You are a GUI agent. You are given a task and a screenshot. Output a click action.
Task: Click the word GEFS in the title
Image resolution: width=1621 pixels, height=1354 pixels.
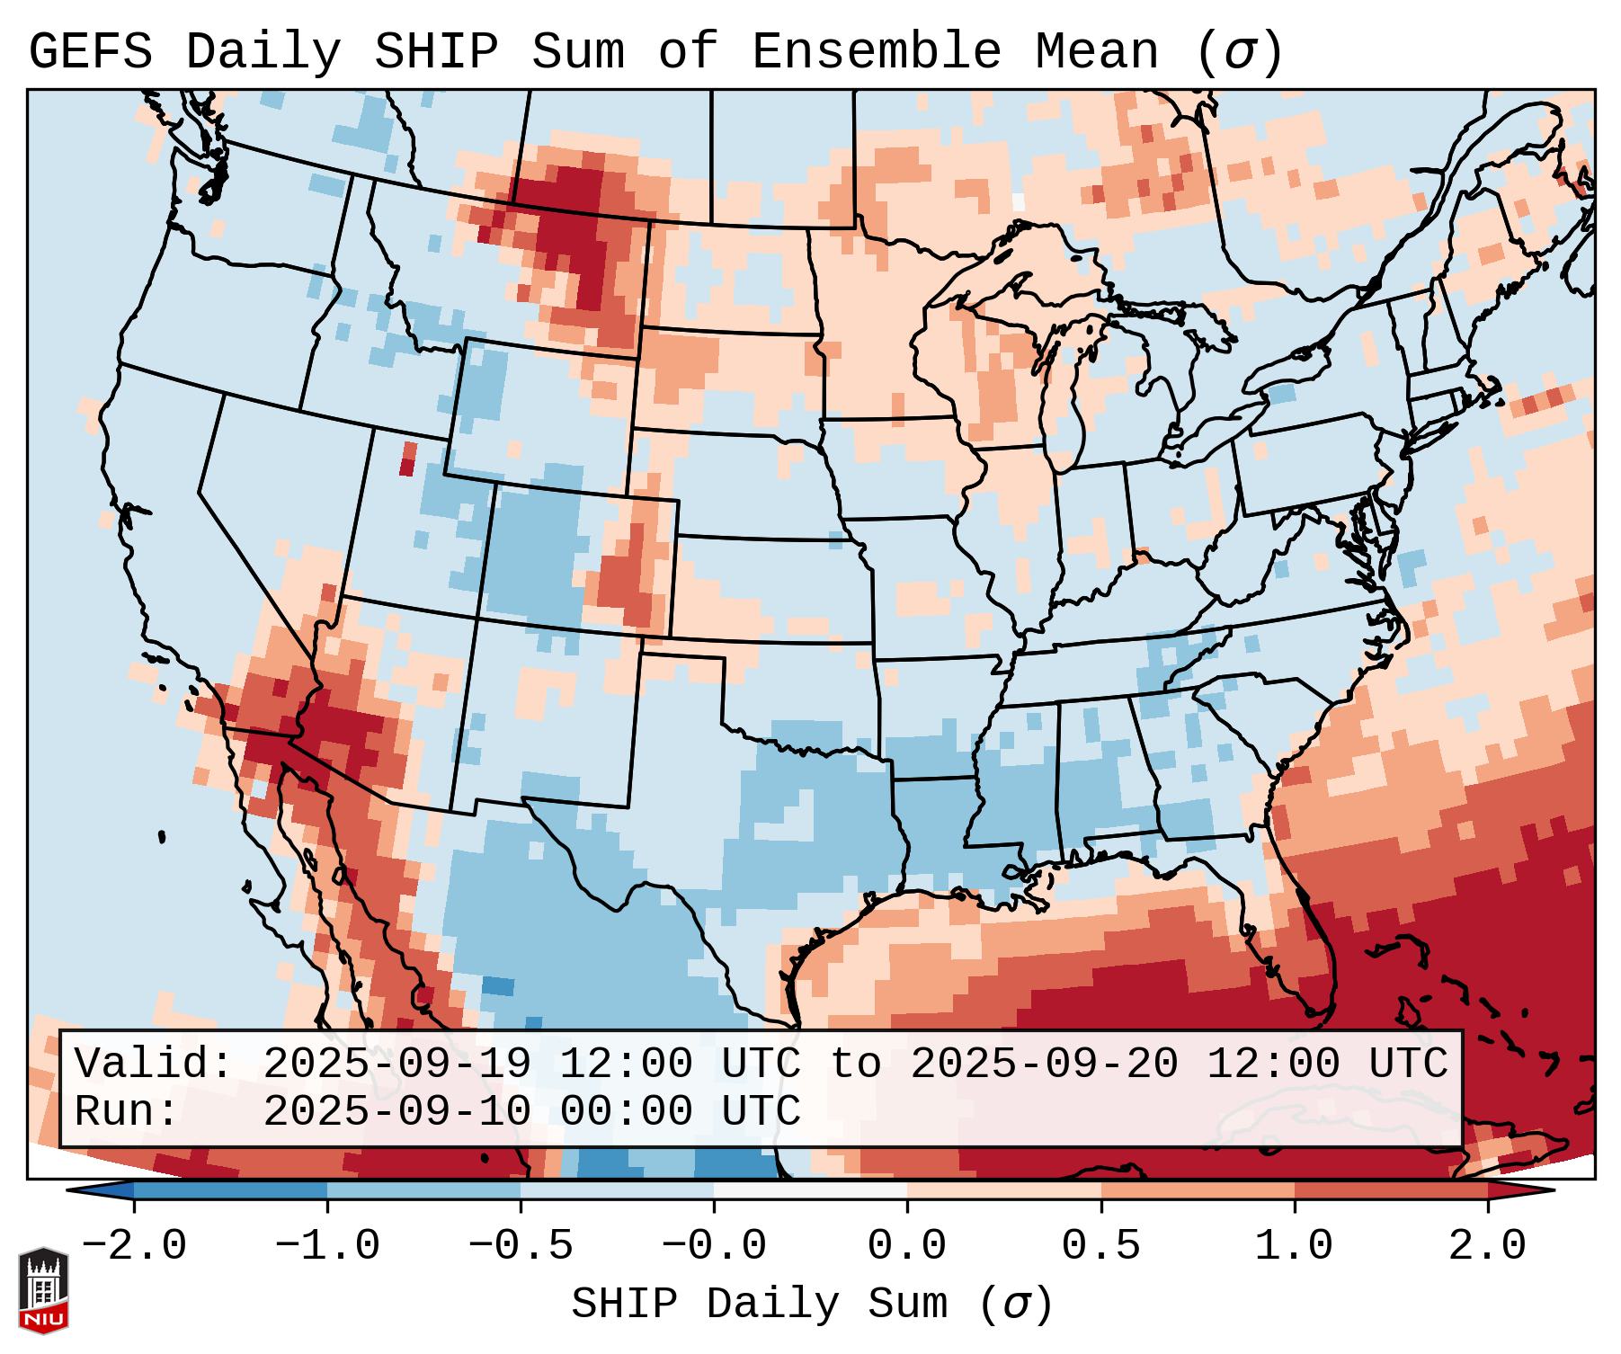[x=90, y=52]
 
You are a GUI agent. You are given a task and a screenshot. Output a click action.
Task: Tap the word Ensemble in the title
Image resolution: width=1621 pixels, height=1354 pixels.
[x=876, y=52]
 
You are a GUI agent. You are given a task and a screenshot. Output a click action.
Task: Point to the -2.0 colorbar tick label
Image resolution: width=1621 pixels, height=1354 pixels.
[x=134, y=1246]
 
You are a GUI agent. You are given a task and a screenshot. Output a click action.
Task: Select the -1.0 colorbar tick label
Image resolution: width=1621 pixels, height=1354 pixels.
[x=327, y=1246]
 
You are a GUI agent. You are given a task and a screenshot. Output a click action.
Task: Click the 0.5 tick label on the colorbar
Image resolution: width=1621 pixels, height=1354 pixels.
[x=1100, y=1246]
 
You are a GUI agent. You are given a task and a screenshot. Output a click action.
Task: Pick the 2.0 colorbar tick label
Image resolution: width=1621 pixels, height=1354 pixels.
[x=1487, y=1246]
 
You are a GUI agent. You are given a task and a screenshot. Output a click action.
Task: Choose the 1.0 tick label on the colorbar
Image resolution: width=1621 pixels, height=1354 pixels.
[x=1294, y=1246]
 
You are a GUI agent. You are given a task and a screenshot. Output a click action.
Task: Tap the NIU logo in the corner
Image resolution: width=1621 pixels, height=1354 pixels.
[x=43, y=1290]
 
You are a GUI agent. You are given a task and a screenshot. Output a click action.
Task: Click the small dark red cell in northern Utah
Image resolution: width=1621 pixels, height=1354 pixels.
[x=407, y=459]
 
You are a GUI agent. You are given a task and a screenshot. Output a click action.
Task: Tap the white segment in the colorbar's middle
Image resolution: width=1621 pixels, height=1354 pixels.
[x=810, y=1190]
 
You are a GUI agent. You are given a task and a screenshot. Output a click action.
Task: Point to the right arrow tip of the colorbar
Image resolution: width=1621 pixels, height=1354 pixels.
[x=1550, y=1190]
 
